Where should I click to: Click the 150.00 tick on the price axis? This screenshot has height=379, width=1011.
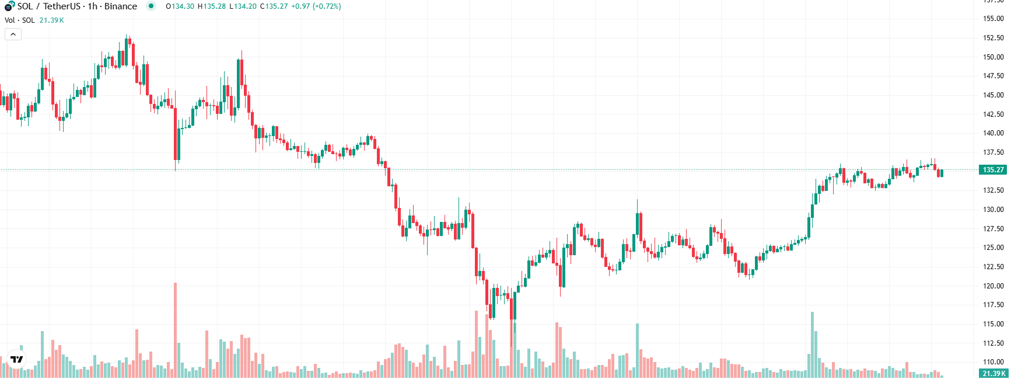click(993, 57)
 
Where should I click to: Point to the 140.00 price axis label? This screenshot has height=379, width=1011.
click(993, 133)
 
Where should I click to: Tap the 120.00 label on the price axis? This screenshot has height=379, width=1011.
click(993, 286)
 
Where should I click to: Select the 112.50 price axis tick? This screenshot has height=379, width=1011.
click(993, 343)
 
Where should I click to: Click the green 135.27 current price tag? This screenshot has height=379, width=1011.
click(993, 170)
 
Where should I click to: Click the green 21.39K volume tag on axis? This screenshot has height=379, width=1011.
click(993, 374)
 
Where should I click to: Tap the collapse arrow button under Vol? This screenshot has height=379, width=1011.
click(13, 34)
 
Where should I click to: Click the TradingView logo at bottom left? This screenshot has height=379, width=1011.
click(17, 359)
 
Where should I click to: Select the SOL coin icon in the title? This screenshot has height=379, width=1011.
click(9, 6)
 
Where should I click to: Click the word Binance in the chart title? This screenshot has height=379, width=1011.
click(121, 6)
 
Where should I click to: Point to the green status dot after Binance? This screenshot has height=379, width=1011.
click(151, 6)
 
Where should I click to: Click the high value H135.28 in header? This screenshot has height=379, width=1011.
click(211, 6)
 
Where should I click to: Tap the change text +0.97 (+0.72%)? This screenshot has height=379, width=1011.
click(316, 6)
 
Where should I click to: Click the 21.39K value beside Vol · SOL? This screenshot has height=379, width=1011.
click(51, 20)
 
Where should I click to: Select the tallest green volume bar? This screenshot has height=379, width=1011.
click(812, 345)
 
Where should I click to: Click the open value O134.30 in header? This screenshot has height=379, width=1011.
click(180, 6)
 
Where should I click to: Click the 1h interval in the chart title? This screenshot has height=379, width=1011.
click(92, 6)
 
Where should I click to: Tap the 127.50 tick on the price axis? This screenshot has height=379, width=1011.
click(993, 229)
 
